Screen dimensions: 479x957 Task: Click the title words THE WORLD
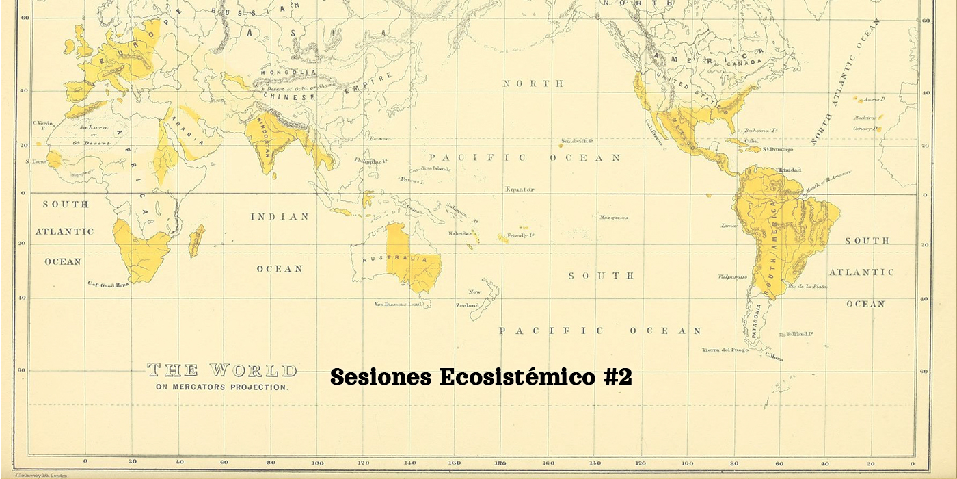point(222,371)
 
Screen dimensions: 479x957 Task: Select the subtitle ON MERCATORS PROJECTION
point(222,387)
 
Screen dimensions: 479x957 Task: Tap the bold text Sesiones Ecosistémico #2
point(481,376)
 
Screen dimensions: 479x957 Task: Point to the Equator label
point(520,189)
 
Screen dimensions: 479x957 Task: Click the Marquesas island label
point(614,218)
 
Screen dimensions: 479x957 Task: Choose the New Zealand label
point(472,298)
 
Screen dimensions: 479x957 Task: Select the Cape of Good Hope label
point(108,284)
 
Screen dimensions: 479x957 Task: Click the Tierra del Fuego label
point(725,350)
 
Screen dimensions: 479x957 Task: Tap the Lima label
point(729,225)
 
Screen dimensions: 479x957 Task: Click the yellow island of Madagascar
point(197,240)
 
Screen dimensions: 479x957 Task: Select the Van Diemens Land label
point(397,304)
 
